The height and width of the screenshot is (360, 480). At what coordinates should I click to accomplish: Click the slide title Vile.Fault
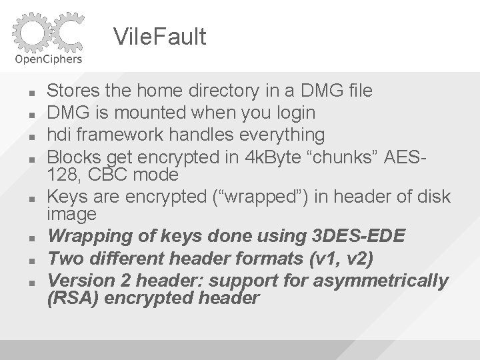[x=160, y=37]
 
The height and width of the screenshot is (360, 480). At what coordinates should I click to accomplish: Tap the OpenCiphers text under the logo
[x=49, y=58]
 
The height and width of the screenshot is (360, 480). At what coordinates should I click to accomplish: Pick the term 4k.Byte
[x=263, y=158]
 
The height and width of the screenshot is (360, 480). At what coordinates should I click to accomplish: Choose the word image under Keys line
[x=71, y=215]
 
